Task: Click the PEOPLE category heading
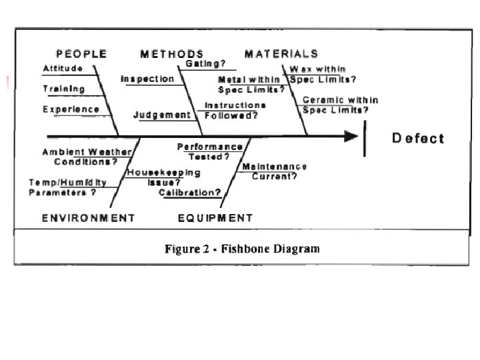81,53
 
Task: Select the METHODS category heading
172,53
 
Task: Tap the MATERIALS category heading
281,53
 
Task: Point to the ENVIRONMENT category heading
89,218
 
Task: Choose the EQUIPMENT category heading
216,218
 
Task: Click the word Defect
417,139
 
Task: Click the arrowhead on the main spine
351,137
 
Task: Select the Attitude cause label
63,69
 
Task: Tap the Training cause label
64,89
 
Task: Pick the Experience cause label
71,109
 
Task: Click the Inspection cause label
147,79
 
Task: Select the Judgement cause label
163,115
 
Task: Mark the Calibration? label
190,193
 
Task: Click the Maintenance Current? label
275,171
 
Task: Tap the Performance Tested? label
209,151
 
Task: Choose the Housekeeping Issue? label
163,177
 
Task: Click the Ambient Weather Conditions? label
87,157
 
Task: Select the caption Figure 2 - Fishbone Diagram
242,249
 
